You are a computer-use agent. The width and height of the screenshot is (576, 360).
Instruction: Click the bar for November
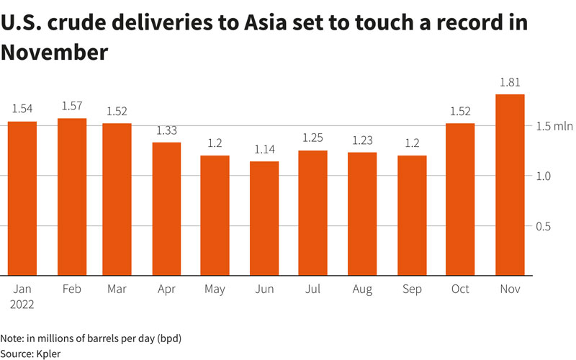pos(510,185)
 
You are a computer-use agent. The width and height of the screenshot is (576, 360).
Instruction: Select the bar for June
pos(264,218)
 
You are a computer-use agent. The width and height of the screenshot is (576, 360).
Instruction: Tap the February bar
pos(71,197)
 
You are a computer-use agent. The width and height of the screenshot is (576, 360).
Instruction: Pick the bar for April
pos(166,209)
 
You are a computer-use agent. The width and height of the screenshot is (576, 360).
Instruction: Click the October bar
pos(460,199)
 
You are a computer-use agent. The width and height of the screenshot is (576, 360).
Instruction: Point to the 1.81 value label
pos(510,82)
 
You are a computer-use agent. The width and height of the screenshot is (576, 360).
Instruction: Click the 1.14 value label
pos(264,149)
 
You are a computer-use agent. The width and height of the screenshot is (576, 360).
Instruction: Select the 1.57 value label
pos(71,106)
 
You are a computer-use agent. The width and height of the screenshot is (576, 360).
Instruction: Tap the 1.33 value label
pos(166,130)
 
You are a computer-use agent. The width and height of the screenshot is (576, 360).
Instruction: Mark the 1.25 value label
pos(313,138)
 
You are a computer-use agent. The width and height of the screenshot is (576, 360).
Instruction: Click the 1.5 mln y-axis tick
pos(554,127)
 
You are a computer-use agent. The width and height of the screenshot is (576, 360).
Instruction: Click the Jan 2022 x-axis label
pos(22,296)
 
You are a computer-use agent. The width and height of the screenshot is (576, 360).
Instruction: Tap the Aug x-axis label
pos(362,289)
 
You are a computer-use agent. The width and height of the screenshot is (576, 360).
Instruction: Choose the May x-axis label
pos(215,289)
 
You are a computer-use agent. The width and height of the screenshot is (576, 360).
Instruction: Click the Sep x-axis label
pos(411,289)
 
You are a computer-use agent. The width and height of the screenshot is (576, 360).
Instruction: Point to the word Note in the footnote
pos(12,337)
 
